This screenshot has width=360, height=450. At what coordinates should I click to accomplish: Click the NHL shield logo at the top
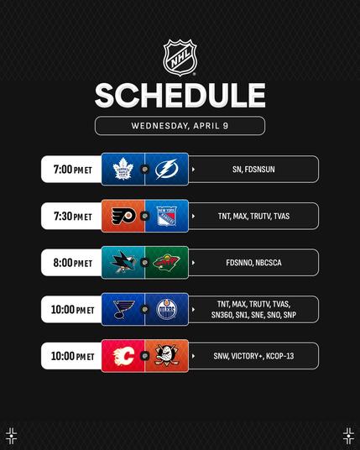click(x=180, y=57)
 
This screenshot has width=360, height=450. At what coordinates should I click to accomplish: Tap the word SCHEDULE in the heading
click(x=180, y=96)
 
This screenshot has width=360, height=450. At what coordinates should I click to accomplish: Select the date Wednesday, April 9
click(x=180, y=126)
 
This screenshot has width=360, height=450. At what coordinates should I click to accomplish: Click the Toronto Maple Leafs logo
click(x=123, y=169)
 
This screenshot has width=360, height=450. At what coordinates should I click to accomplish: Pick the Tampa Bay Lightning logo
click(x=167, y=169)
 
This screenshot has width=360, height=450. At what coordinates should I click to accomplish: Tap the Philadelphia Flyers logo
click(x=123, y=216)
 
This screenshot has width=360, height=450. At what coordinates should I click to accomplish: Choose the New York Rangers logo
click(x=167, y=216)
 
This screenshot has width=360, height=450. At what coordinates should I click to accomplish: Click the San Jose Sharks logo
click(x=123, y=262)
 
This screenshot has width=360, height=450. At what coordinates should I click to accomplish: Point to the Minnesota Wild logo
click(x=166, y=262)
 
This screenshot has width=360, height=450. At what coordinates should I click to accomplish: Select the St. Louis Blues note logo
click(x=123, y=309)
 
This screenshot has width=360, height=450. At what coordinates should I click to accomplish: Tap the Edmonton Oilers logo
click(x=167, y=309)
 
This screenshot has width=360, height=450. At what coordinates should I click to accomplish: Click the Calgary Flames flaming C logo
click(x=123, y=356)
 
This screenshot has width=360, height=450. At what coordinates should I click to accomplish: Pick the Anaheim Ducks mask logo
click(x=167, y=355)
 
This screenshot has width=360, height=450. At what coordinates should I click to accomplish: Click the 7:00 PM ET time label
click(x=72, y=170)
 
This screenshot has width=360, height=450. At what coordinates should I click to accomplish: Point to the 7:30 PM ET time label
click(x=73, y=216)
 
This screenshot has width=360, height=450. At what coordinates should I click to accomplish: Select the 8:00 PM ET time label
click(x=72, y=263)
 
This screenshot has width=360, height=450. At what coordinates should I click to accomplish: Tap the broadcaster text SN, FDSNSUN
click(x=253, y=170)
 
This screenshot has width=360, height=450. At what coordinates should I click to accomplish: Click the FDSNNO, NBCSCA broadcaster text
click(x=253, y=263)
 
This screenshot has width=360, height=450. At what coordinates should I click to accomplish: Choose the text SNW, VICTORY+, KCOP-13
click(x=253, y=356)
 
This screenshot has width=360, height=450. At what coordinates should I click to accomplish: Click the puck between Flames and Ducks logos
click(x=145, y=356)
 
